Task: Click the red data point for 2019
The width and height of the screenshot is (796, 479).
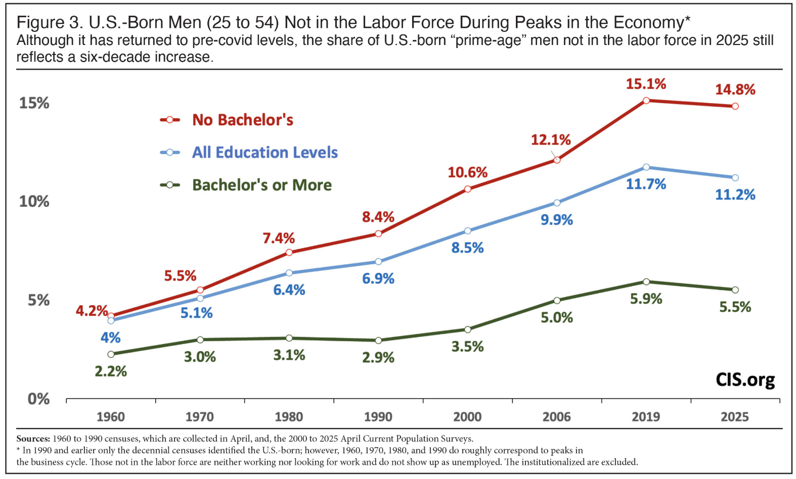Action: [x=646, y=101]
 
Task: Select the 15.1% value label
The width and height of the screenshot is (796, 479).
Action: [x=646, y=84]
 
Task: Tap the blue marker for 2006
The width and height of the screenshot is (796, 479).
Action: [x=557, y=203]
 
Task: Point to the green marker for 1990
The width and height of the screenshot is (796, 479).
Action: [x=378, y=341]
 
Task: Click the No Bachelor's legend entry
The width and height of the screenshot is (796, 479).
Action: [x=242, y=120]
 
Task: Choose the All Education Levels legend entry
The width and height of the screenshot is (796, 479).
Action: [x=264, y=153]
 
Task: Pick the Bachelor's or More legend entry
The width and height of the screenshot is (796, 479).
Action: [x=261, y=185]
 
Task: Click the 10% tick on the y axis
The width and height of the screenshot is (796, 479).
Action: [x=34, y=202]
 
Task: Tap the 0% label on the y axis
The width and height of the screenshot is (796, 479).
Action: [x=38, y=399]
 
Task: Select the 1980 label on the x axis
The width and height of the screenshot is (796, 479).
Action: [x=289, y=417]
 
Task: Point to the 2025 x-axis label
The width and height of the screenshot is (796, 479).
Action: [x=734, y=417]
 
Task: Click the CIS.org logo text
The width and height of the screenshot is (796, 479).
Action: [x=745, y=380]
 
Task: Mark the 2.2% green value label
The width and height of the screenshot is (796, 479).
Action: [x=111, y=371]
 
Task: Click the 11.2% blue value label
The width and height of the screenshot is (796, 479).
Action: [x=735, y=195]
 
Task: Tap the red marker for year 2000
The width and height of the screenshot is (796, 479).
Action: [x=468, y=189]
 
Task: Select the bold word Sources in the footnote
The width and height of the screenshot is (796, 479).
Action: [x=33, y=439]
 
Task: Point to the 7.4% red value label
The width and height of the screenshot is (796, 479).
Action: [x=279, y=238]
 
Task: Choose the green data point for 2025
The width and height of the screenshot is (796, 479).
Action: [x=735, y=290]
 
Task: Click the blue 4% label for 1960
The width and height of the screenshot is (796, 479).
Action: [x=110, y=338]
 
